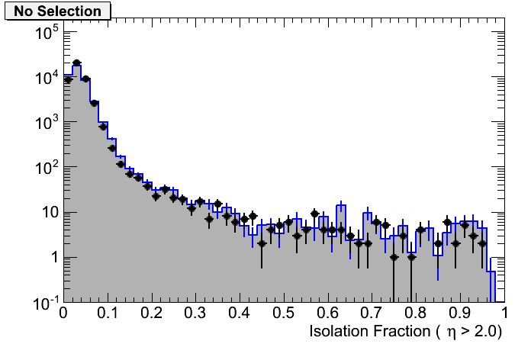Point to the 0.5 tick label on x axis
(x=284, y=313)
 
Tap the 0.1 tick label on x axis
(x=108, y=313)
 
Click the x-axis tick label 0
(x=64, y=313)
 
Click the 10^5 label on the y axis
(x=47, y=33)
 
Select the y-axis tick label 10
(x=50, y=213)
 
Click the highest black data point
(x=76, y=63)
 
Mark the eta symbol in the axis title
(x=452, y=333)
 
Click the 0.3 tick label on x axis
(x=196, y=313)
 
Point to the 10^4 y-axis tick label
(x=47, y=78)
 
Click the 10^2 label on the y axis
(x=47, y=168)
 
